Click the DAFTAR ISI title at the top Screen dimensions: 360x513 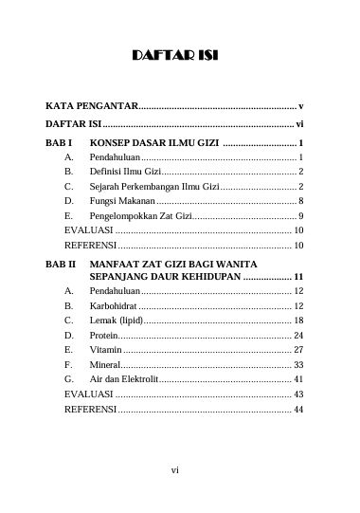[178, 57]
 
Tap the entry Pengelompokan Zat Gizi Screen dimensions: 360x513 [134, 216]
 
